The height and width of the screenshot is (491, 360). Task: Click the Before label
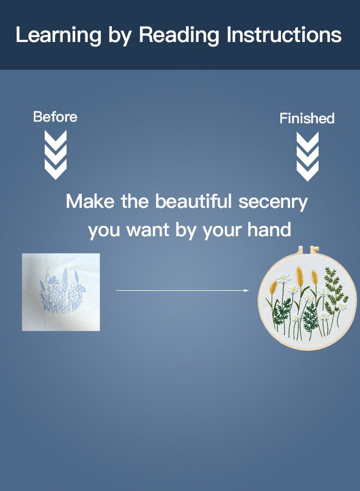pos(55,116)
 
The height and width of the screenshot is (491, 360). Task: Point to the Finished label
pos(307,118)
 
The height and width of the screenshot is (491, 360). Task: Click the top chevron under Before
pos(55,137)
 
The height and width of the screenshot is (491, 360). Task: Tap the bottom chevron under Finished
pos(307,172)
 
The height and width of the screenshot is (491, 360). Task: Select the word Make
pos(91,201)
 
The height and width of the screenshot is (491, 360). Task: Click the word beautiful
pos(194,201)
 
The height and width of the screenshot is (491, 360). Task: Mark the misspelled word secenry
pos(273,202)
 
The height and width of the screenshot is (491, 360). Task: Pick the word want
pos(149,230)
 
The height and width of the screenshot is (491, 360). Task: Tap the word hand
pos(268,230)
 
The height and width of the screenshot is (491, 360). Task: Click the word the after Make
pos(135,201)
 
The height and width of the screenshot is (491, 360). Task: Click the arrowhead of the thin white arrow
pos(247,291)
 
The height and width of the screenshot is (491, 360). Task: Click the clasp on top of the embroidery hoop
pos(306,250)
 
